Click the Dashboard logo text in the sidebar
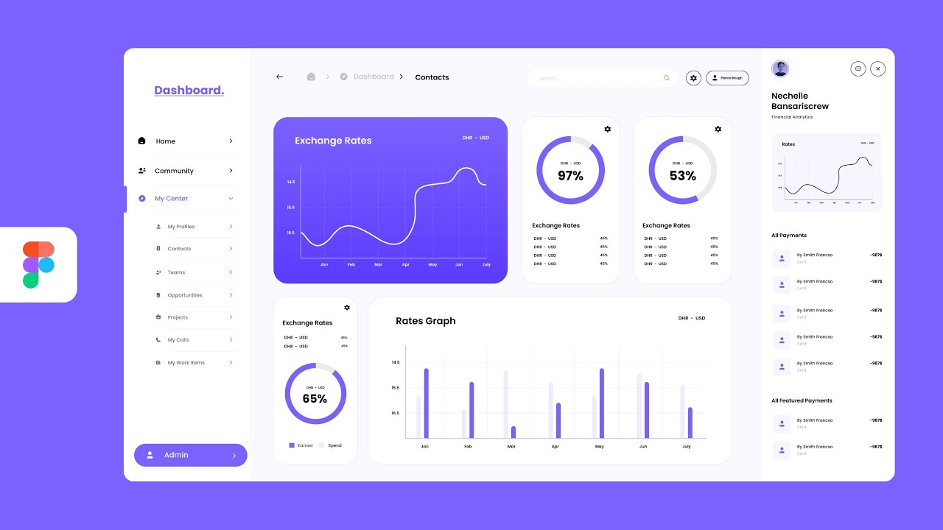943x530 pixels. pyautogui.click(x=189, y=91)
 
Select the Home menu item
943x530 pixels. pyautogui.click(x=166, y=141)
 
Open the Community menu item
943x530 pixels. pyautogui.click(x=174, y=171)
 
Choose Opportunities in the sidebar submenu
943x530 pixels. pyautogui.click(x=184, y=295)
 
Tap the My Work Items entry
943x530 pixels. pyautogui.click(x=186, y=363)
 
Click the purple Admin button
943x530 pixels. pyautogui.click(x=190, y=455)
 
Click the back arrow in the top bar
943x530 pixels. pyautogui.click(x=279, y=77)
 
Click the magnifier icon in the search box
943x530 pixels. pyautogui.click(x=667, y=78)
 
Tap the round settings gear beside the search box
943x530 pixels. pyautogui.click(x=693, y=78)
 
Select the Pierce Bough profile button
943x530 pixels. pyautogui.click(x=727, y=78)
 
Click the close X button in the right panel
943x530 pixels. pyautogui.click(x=877, y=68)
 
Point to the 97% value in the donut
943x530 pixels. pyautogui.click(x=570, y=176)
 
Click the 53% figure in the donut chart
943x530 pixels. pyautogui.click(x=682, y=176)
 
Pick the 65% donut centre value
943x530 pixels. pyautogui.click(x=315, y=399)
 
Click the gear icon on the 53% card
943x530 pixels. pyautogui.click(x=718, y=130)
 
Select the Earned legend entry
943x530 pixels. pyautogui.click(x=301, y=445)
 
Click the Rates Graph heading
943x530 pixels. pyautogui.click(x=425, y=321)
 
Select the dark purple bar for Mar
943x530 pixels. pyautogui.click(x=513, y=432)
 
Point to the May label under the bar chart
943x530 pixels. pyautogui.click(x=599, y=447)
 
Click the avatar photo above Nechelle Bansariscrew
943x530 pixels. pyautogui.click(x=780, y=69)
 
